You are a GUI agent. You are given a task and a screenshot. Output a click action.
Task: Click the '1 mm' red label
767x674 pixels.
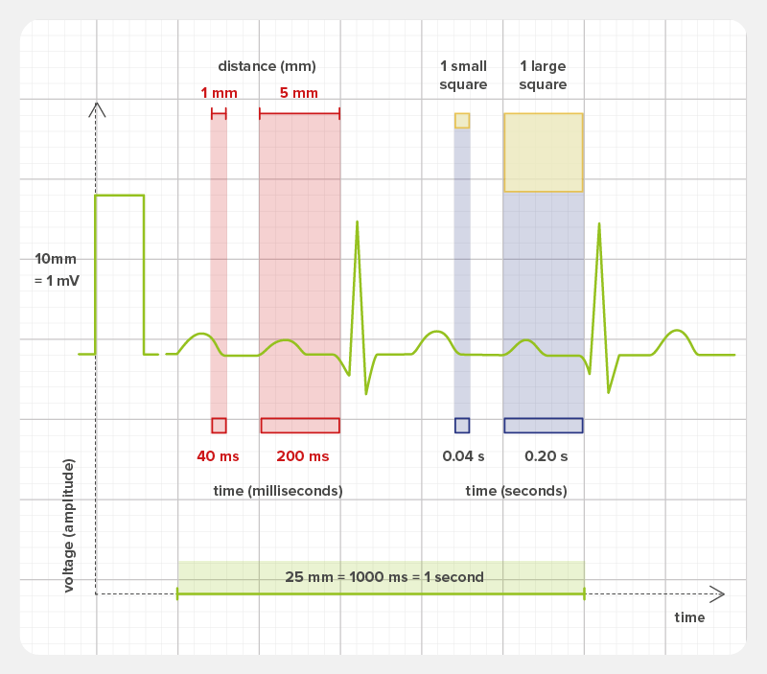(x=219, y=93)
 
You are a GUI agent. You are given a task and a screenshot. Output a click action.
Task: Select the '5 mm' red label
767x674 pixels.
(x=299, y=93)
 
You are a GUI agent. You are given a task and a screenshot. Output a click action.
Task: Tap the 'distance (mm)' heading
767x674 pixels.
(x=267, y=66)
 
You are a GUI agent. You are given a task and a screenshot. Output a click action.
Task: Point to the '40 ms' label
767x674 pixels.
(x=219, y=456)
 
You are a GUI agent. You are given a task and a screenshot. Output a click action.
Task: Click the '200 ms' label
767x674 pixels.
(x=302, y=456)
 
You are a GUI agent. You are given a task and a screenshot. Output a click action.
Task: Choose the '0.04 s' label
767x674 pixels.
(x=462, y=456)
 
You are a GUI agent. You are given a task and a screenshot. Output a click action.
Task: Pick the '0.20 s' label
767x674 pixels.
(x=546, y=456)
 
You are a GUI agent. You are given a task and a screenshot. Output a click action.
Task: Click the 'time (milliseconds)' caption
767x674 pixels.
(x=278, y=491)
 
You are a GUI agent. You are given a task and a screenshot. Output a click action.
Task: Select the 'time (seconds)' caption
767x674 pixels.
(x=516, y=491)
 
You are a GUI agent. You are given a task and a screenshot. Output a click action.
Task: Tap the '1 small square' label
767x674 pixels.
(x=463, y=75)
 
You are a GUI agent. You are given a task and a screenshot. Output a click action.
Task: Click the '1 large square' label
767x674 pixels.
(x=543, y=75)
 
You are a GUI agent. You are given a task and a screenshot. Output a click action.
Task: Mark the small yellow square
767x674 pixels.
(x=462, y=120)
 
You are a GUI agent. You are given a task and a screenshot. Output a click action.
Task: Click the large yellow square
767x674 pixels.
(x=543, y=152)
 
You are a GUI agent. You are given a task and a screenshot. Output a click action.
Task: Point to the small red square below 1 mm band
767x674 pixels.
(x=219, y=426)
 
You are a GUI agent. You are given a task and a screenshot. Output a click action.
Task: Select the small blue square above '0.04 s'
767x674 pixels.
(x=462, y=426)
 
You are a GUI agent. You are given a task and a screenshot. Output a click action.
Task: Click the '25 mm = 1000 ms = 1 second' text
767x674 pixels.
(x=383, y=577)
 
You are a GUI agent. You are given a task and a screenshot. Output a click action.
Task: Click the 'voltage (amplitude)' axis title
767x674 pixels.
(x=69, y=525)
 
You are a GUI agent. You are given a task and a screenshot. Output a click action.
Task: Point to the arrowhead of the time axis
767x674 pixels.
(x=718, y=594)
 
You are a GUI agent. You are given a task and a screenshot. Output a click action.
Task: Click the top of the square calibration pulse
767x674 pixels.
(x=119, y=196)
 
